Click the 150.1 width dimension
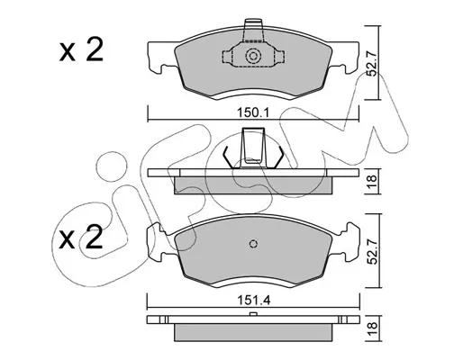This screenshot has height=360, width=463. (x=254, y=112)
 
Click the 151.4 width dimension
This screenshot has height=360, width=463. (x=254, y=300)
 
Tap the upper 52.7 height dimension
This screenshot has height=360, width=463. (x=372, y=65)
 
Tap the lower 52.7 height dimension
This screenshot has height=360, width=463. (x=372, y=251)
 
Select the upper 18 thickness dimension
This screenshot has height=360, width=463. (x=372, y=181)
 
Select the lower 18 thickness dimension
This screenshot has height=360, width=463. (x=372, y=328)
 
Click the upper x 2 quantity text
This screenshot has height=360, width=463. (x=81, y=49)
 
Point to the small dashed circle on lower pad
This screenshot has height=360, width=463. (x=254, y=244)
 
